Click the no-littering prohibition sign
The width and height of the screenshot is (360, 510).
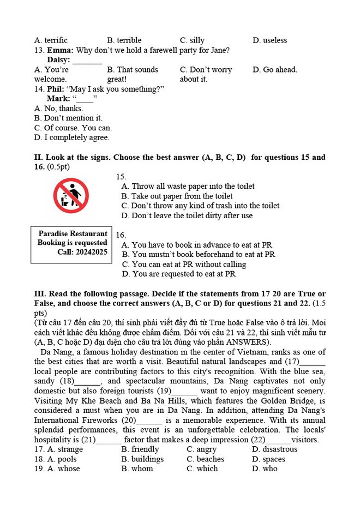(70, 195)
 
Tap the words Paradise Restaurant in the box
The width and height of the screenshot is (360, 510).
(73, 233)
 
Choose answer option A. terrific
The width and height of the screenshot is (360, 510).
(51, 40)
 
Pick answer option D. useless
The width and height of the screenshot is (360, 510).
(269, 40)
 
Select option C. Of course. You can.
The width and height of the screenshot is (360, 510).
(73, 128)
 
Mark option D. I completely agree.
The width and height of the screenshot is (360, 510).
(71, 137)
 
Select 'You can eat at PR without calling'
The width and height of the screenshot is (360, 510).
(184, 264)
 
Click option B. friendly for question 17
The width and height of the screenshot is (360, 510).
(140, 449)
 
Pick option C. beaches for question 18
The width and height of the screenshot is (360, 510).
(205, 459)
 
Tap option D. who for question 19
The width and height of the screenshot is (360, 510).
(265, 469)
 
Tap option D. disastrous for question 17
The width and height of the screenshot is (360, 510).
(275, 449)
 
